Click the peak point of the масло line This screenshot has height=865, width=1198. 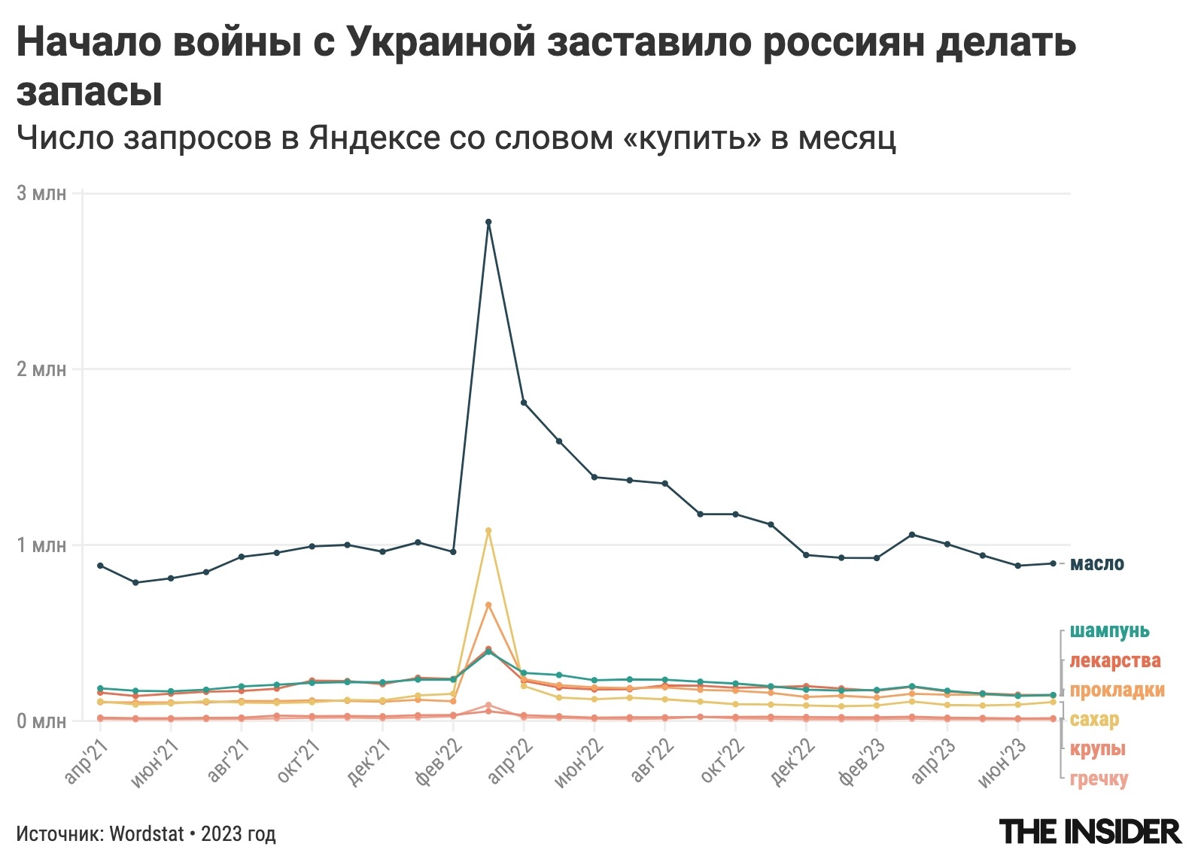[x=488, y=222]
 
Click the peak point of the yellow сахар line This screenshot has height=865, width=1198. [x=488, y=530]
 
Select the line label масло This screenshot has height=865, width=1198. [x=1096, y=563]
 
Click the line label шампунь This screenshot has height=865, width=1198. [x=1109, y=630]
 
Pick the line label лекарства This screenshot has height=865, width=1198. [x=1114, y=660]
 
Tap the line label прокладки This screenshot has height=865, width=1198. [x=1117, y=690]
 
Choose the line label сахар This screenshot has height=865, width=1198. [x=1094, y=719]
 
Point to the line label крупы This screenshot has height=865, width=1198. [x=1097, y=748]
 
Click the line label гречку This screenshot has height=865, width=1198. [x=1099, y=778]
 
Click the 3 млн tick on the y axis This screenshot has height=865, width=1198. [x=41, y=193]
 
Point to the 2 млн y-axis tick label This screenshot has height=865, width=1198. [x=41, y=369]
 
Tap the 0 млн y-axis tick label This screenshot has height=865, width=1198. [x=41, y=721]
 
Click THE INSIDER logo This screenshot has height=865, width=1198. [x=1090, y=832]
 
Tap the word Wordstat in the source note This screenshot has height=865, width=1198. [x=147, y=833]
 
